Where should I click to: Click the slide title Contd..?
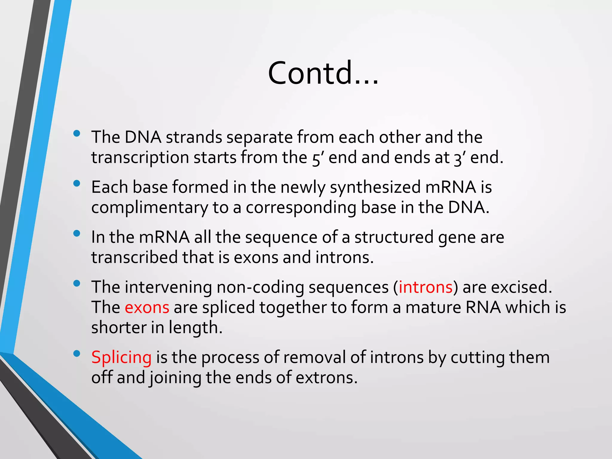pos(323,73)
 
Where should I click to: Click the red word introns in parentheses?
pos(426,287)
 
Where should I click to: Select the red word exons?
pos(147,307)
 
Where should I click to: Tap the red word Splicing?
pos(121,357)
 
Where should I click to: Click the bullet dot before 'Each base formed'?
pos(77,183)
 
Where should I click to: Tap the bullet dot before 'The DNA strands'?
pos(77,134)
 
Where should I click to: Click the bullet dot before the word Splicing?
pos(77,354)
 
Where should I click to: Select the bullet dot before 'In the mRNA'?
pos(77,233)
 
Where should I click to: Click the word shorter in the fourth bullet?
pos(119,328)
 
